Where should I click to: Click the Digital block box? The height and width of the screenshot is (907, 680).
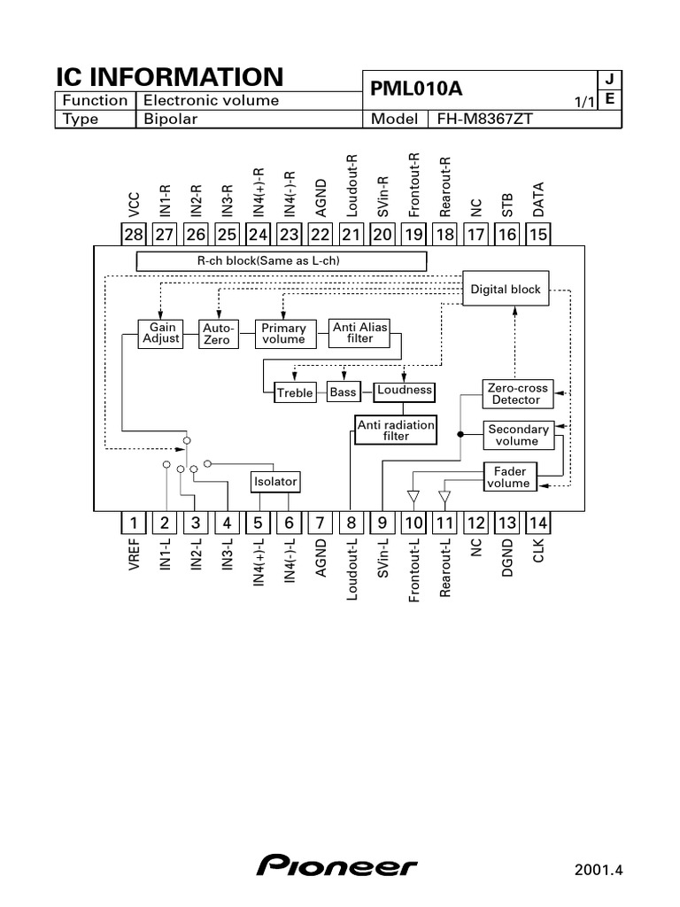tap(506, 290)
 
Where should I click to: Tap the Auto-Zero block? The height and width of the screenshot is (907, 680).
tap(216, 333)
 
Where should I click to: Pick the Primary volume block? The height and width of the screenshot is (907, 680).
tap(283, 333)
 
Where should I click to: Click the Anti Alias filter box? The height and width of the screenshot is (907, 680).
tap(360, 333)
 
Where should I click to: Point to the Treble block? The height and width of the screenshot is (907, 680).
tap(295, 392)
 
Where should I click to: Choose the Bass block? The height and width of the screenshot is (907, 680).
tap(343, 392)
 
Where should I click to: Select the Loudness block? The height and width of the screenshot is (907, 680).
tap(405, 390)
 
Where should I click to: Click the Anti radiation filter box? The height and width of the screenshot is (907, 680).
tap(396, 430)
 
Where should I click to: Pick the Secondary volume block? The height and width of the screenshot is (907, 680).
tap(517, 435)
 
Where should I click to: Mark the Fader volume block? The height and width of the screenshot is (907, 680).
tap(510, 477)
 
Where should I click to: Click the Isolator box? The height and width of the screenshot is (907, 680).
tap(275, 482)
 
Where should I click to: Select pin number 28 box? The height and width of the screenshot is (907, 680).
tap(134, 234)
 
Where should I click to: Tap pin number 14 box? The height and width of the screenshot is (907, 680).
tap(538, 523)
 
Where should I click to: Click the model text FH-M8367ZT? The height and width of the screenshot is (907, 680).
tap(482, 120)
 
